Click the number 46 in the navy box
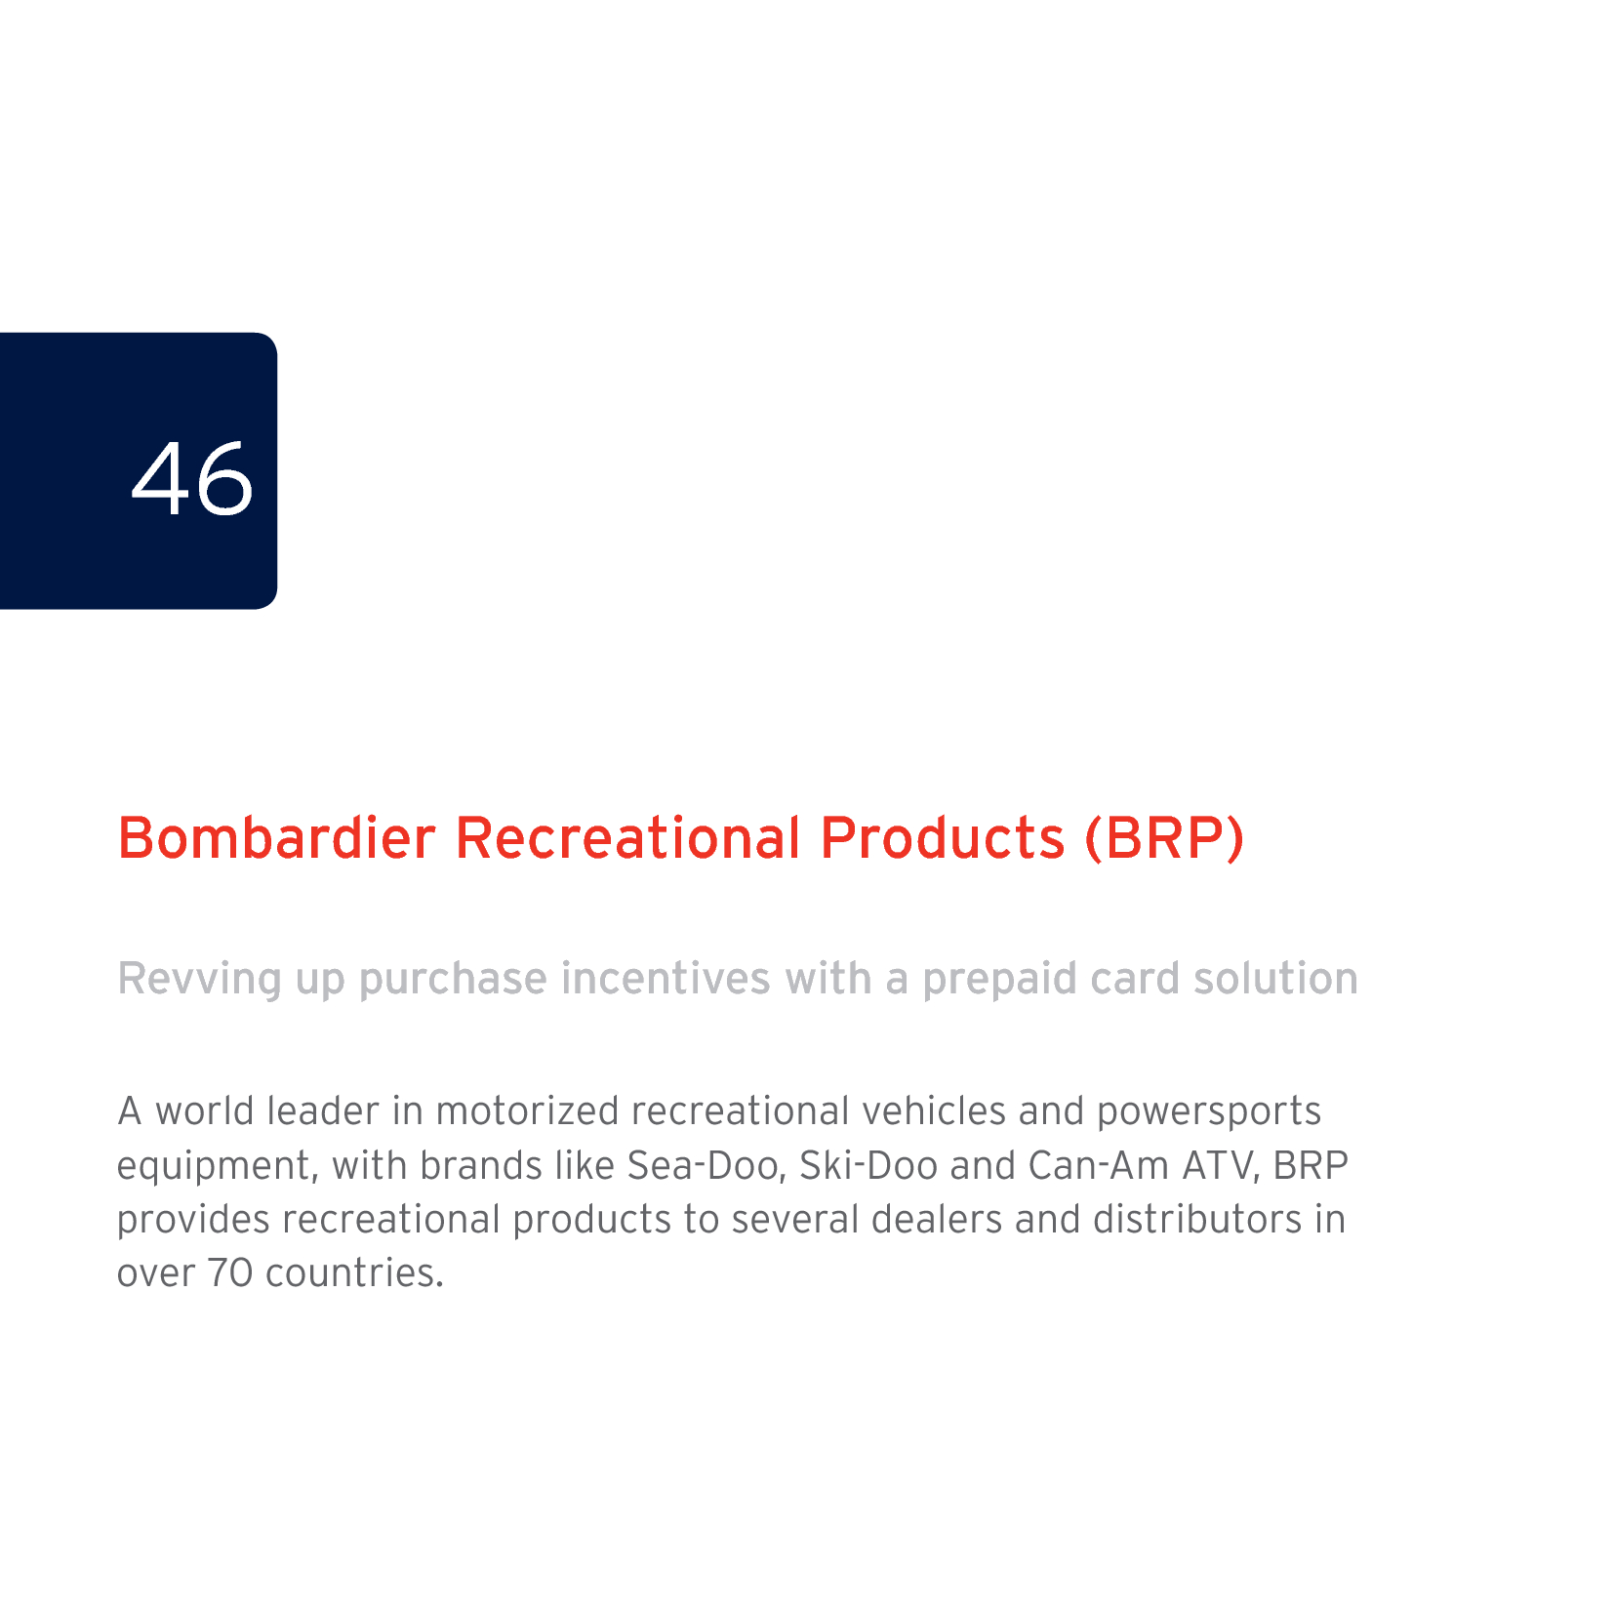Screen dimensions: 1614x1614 (x=192, y=478)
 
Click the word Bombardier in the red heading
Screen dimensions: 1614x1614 (x=276, y=838)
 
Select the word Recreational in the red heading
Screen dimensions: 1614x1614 (x=628, y=838)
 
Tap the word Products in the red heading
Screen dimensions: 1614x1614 (x=943, y=838)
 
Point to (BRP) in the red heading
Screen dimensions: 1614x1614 (x=1165, y=838)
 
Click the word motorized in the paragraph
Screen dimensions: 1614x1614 (x=527, y=1111)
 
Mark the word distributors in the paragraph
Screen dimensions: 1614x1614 (x=1197, y=1219)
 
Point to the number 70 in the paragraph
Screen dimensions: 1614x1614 (x=230, y=1273)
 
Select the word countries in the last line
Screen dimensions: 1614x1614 (x=354, y=1273)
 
